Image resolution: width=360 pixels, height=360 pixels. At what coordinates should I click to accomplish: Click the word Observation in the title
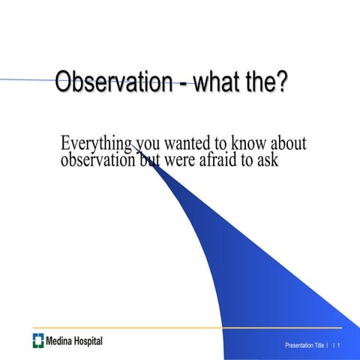[x=113, y=82]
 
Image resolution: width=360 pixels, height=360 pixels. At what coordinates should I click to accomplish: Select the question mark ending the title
[x=281, y=82]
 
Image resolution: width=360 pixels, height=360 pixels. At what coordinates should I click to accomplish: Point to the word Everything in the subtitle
[x=97, y=144]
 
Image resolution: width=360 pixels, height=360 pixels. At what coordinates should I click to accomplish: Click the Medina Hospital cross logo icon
[x=37, y=341]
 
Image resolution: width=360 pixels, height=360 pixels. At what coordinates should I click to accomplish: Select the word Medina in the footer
[x=59, y=342]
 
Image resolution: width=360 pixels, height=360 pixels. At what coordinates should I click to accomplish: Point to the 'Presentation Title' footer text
[x=304, y=346]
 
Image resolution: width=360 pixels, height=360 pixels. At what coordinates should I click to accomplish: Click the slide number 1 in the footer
[x=339, y=346]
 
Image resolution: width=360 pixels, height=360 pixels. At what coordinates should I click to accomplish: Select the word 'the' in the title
[x=259, y=82]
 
